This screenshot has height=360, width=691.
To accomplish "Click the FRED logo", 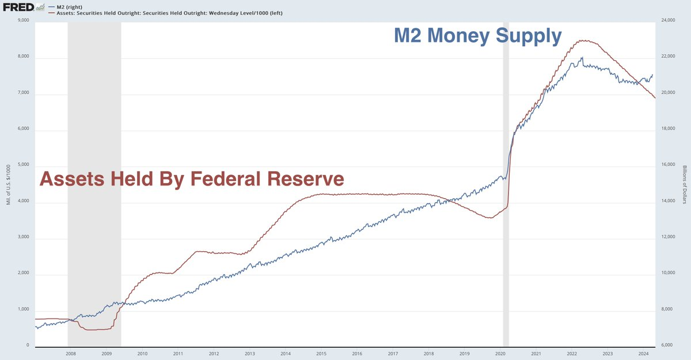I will coord(17,8).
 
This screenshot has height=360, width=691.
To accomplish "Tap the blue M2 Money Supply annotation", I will coord(477,36).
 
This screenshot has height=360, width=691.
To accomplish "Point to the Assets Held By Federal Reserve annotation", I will coord(191,179).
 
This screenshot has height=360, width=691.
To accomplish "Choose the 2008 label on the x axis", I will coord(71,353).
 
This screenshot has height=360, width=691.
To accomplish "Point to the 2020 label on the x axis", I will coord(500,353).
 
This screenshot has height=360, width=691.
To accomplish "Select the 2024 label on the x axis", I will coord(643,353).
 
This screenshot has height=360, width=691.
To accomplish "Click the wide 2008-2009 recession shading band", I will coord(94,173).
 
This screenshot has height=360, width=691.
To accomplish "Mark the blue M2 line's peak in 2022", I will coord(582,58).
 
